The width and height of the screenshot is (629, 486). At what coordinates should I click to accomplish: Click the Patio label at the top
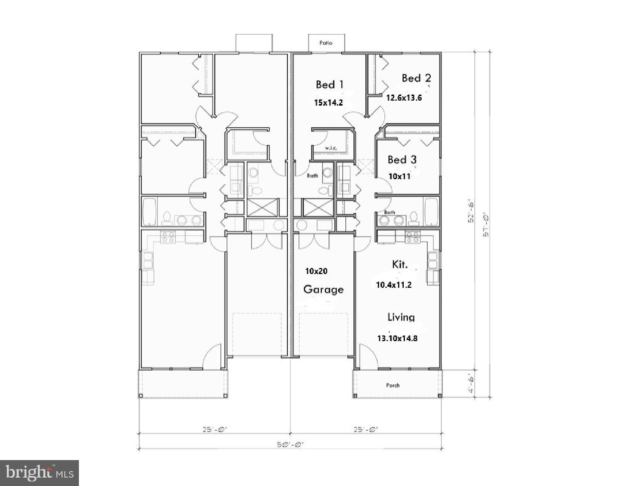[x=326, y=43]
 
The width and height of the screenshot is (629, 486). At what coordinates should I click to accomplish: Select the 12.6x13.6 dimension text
[x=404, y=98]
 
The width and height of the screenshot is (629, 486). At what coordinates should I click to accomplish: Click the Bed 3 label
[x=402, y=159]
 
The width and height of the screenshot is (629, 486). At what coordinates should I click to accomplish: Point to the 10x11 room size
[x=399, y=176]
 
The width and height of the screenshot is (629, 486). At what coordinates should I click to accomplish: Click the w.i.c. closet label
[x=331, y=148]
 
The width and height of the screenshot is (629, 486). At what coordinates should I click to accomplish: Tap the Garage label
[x=323, y=289]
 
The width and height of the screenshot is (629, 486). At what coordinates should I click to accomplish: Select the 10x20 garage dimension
[x=316, y=271]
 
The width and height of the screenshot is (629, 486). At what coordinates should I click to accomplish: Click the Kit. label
[x=400, y=264]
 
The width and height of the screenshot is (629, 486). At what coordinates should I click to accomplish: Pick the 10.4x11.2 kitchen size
[x=394, y=285]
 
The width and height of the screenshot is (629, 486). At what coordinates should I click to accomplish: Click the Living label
[x=401, y=317]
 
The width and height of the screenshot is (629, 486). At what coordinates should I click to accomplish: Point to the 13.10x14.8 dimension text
[x=397, y=338]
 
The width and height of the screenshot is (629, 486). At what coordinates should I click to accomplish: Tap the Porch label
[x=393, y=385]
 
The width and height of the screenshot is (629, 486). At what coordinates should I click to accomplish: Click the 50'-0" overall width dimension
[x=290, y=444]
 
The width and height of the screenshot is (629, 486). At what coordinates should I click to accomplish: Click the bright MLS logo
[x=40, y=473]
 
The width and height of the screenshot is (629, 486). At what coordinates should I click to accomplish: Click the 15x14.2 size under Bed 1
[x=328, y=103]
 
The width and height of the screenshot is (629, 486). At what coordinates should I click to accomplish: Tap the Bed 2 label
[x=416, y=78]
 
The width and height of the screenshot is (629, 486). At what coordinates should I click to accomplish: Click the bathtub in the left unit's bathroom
[x=149, y=212]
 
